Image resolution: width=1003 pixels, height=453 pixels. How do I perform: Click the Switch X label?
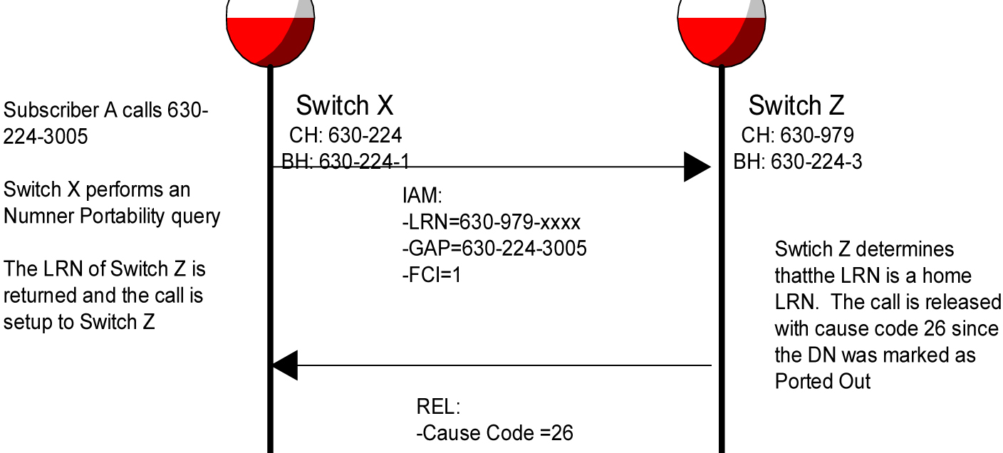point(344,106)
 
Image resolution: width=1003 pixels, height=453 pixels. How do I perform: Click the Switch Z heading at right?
point(796,106)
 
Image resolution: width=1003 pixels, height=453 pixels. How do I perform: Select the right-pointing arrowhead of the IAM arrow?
point(697,167)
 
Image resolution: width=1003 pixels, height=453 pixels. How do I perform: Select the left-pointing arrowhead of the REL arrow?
point(285,366)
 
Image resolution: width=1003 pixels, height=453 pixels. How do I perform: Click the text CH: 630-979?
point(797,135)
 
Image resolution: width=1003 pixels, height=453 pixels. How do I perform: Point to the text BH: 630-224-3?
point(797,162)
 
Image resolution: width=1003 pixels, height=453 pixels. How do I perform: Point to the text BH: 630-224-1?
point(345,162)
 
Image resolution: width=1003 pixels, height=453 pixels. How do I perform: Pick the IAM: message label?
point(422,197)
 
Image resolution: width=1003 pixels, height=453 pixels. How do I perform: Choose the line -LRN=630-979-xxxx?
point(491,223)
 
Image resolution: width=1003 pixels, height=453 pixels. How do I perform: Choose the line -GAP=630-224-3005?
point(494,249)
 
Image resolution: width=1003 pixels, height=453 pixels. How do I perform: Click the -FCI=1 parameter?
point(431,275)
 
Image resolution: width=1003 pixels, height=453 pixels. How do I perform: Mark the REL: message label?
point(438,407)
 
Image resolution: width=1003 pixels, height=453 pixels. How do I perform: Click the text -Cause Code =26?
point(494,432)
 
